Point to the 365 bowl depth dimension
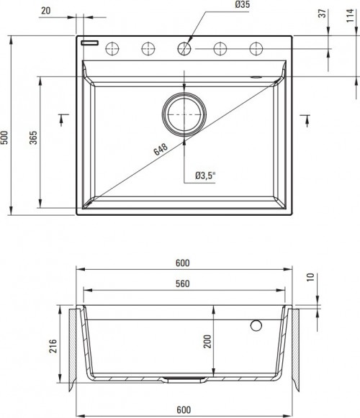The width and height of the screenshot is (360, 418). click(33, 139)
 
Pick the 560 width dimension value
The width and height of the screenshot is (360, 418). click(182, 283)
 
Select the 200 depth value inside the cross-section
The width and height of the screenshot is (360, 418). click(207, 341)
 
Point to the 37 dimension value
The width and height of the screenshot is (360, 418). click(320, 14)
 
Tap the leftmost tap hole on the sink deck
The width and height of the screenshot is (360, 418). click(113, 48)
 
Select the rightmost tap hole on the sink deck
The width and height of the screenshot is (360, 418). click(256, 48)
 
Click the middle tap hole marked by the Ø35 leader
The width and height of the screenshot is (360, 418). click(184, 48)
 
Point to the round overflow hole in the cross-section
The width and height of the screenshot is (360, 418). click(256, 325)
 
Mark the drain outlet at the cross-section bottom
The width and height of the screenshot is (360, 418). click(184, 377)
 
